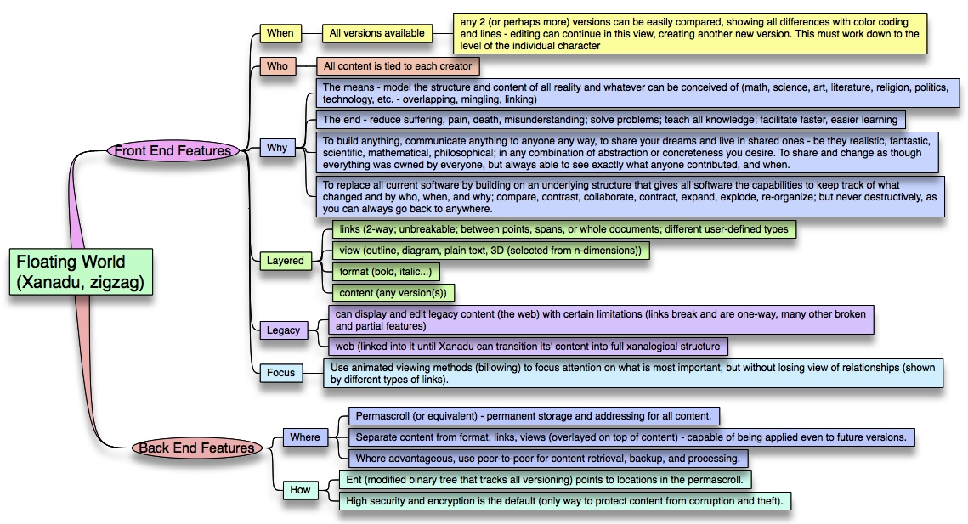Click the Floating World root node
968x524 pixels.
pos(81,272)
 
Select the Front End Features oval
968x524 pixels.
pos(173,150)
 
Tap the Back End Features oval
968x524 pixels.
pos(196,448)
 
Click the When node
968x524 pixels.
pos(280,33)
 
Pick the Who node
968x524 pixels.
pos(277,66)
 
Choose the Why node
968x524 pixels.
pos(277,148)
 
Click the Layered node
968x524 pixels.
pos(286,261)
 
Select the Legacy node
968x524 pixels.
pos(283,330)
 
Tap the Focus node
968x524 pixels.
pos(281,373)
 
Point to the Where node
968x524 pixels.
pos(305,437)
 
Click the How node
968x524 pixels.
pos(300,490)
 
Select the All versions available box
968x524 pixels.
pos(376,33)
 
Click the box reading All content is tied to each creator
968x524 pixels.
pos(398,66)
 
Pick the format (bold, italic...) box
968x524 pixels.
pos(386,272)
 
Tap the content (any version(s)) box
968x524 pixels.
pos(393,292)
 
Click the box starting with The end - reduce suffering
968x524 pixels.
pos(610,120)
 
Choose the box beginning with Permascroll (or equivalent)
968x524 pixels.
pos(534,416)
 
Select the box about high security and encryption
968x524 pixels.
pos(565,500)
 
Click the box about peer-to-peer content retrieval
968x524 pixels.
pos(548,458)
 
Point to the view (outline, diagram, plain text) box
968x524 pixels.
pos(490,251)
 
